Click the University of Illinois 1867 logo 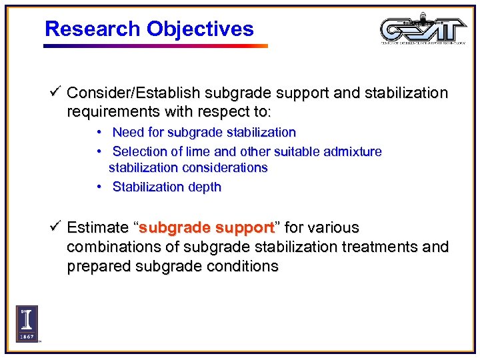pos(27,323)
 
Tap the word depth pos(204,187)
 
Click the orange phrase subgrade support pos(207,228)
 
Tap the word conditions pos(243,267)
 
